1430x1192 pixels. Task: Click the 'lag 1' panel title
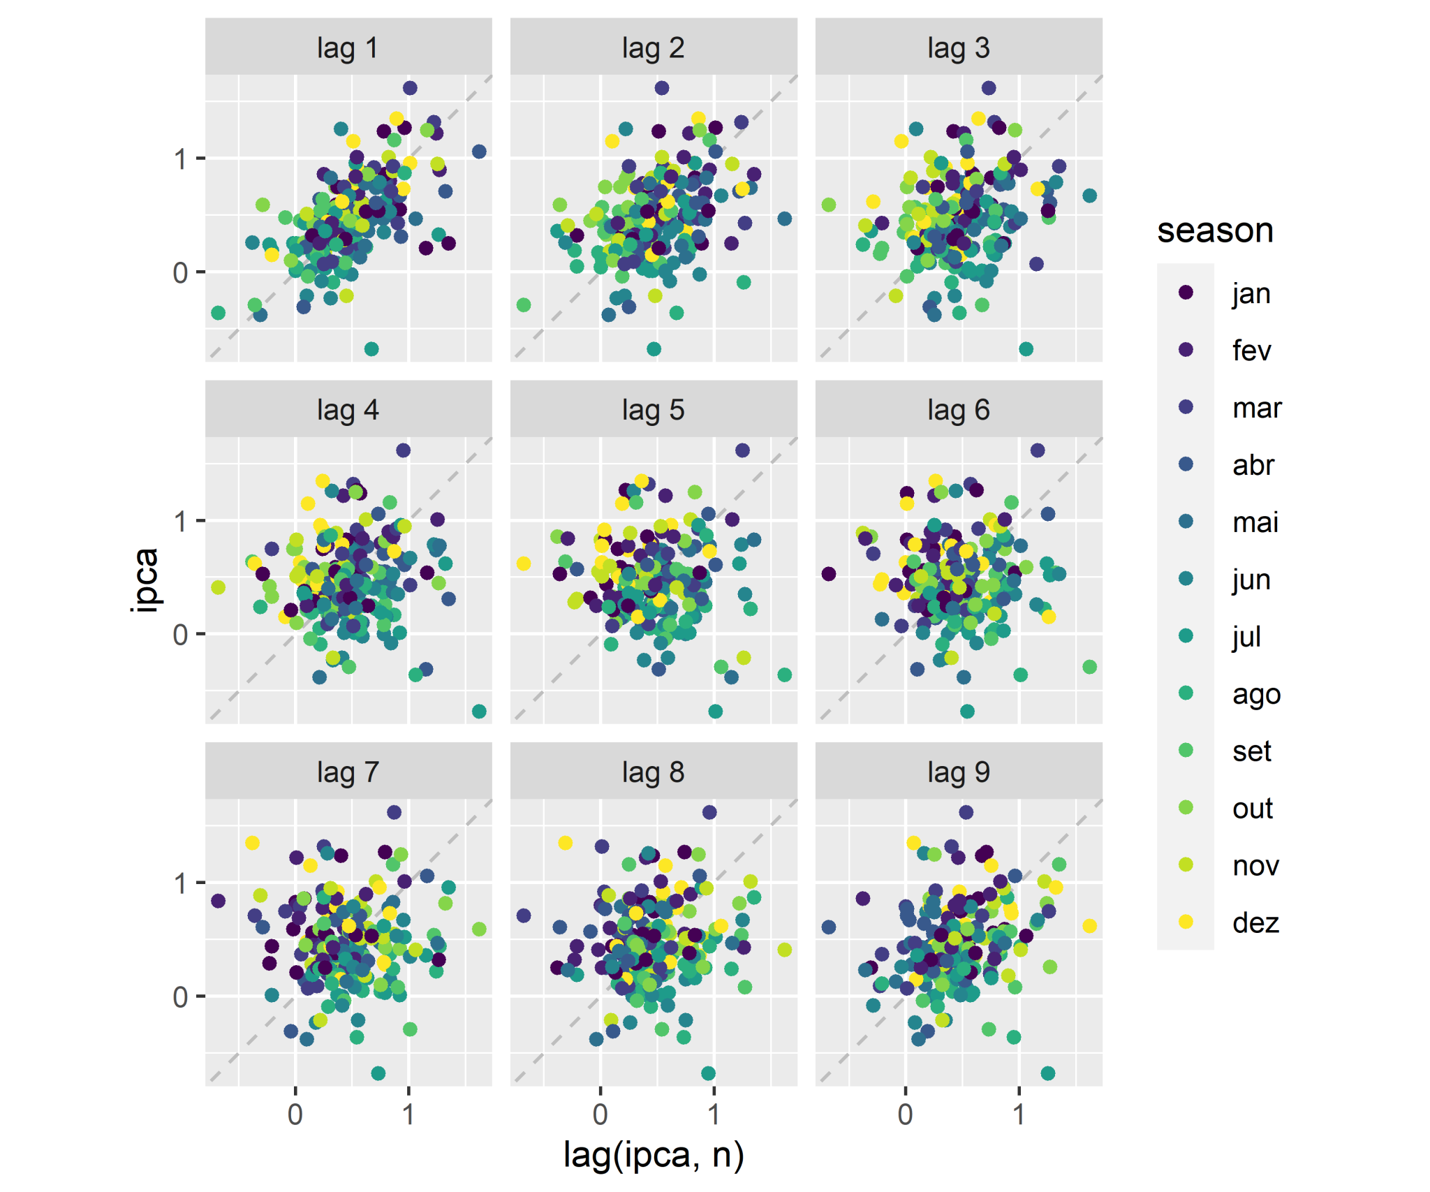[x=348, y=48]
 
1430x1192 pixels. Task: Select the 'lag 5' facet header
[x=653, y=410]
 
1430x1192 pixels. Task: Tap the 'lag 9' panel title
[x=958, y=772]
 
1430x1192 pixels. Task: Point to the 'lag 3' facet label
[x=958, y=48]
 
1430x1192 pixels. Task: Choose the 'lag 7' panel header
[x=348, y=772]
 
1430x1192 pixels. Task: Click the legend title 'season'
[x=1215, y=230]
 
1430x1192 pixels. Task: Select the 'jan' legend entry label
[x=1251, y=293]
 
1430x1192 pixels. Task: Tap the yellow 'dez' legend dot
[x=1186, y=922]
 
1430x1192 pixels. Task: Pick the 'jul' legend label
[x=1246, y=636]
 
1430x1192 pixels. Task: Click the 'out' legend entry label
[x=1253, y=808]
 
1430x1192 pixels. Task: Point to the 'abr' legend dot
[x=1186, y=464]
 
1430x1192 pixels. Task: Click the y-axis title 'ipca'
[x=145, y=580]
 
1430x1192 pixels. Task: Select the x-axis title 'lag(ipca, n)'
[x=653, y=1155]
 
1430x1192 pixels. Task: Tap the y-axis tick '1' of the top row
[x=181, y=159]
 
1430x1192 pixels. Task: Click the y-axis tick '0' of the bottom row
[x=181, y=996]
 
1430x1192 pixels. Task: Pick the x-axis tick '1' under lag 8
[x=714, y=1114]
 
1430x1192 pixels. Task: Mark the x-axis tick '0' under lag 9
[x=906, y=1114]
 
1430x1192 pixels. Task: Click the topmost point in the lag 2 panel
[x=662, y=88]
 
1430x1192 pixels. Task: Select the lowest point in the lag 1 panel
[x=371, y=349]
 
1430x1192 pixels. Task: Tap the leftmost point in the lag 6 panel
[x=829, y=574]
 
